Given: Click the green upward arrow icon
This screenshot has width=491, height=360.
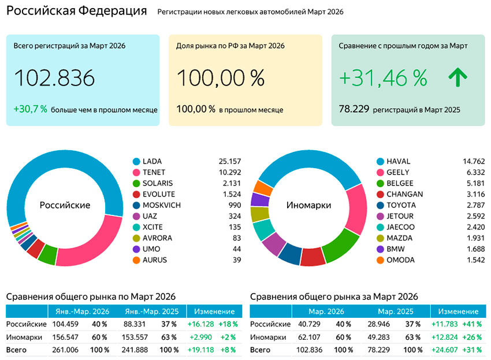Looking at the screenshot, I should click(x=458, y=77).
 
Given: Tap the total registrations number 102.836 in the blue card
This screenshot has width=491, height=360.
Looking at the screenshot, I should click(x=54, y=79).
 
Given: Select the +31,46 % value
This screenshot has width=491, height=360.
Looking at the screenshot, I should click(x=383, y=77).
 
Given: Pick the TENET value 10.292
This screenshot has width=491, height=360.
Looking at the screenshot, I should click(x=229, y=172).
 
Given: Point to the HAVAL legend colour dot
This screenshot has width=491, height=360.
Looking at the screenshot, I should click(x=380, y=161).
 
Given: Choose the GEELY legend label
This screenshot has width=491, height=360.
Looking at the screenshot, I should click(x=397, y=172).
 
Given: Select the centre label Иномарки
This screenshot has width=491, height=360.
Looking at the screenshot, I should click(x=309, y=205).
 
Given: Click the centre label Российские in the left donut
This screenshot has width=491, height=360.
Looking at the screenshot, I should click(x=65, y=205).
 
